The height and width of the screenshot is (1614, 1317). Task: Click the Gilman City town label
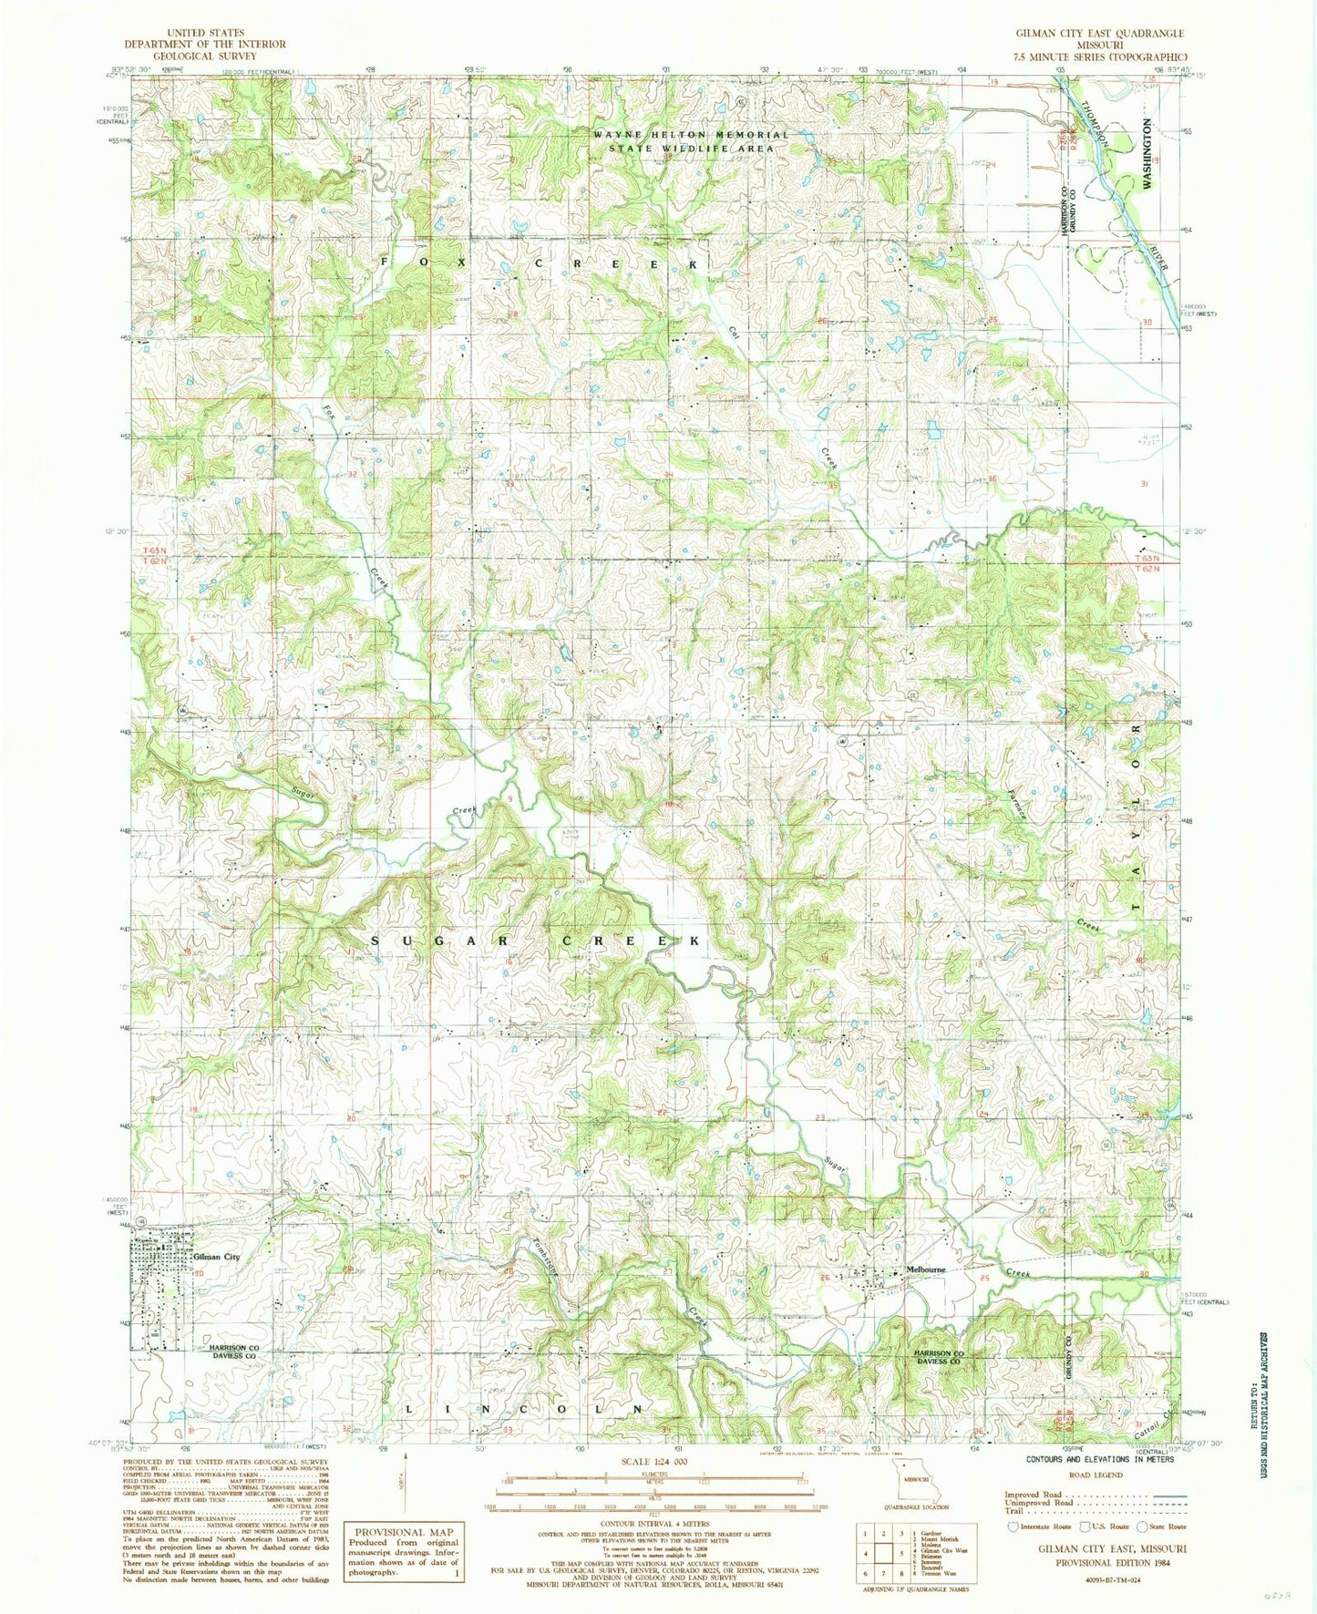[216, 1257]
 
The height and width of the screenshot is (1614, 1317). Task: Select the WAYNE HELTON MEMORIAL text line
[691, 134]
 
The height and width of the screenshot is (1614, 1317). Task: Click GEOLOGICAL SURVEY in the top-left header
[205, 56]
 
